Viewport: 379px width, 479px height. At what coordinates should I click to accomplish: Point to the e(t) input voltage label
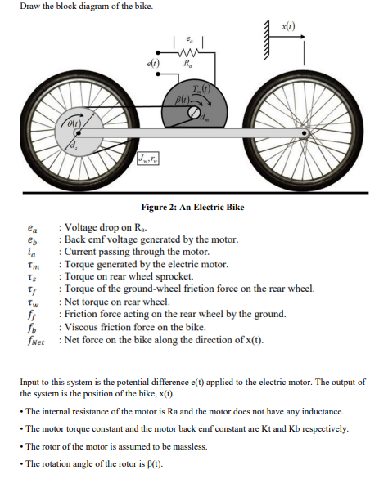click(154, 63)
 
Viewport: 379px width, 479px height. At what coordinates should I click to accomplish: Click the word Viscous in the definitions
click(82, 326)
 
